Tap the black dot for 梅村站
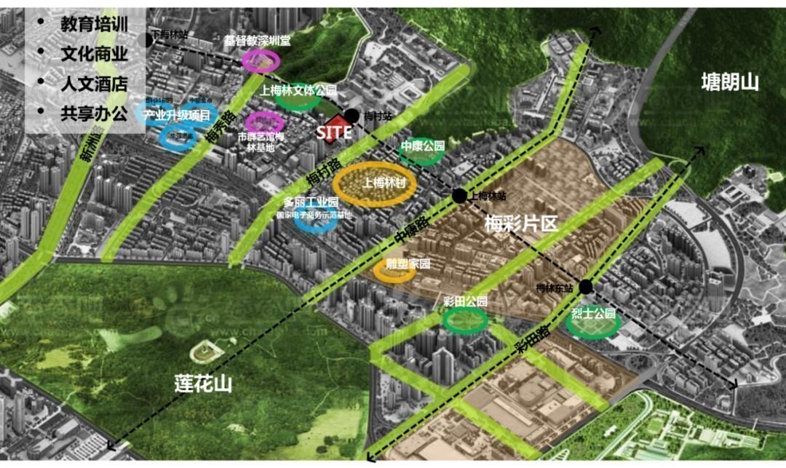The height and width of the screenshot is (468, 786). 352,115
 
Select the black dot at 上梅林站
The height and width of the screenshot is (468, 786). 459,195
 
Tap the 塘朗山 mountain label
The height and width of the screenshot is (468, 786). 729,82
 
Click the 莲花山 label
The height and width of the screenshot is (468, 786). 203,383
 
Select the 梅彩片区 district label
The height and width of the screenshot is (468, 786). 520,223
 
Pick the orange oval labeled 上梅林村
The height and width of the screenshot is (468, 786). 374,184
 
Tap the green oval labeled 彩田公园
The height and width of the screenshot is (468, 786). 465,319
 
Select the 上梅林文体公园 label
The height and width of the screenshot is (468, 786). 298,90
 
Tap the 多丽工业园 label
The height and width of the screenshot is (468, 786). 311,202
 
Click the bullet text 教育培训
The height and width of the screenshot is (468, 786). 94,23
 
